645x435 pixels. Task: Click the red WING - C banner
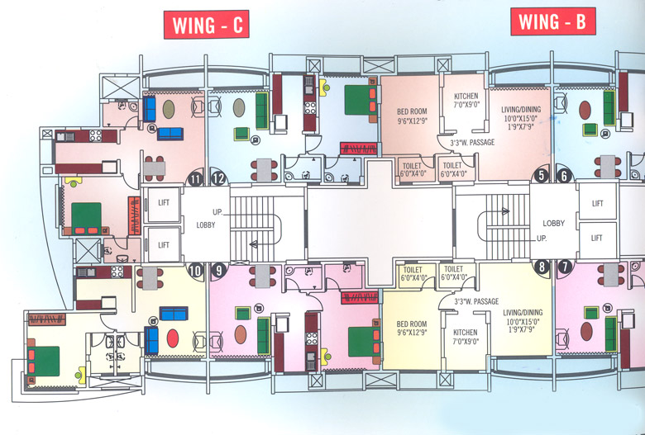[208, 25]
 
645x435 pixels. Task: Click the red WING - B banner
[553, 21]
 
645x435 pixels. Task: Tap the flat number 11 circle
[196, 177]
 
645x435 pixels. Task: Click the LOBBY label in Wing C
[206, 225]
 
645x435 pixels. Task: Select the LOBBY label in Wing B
[553, 223]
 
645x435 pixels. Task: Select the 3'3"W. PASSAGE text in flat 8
[476, 302]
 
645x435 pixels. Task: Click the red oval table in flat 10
[173, 338]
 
